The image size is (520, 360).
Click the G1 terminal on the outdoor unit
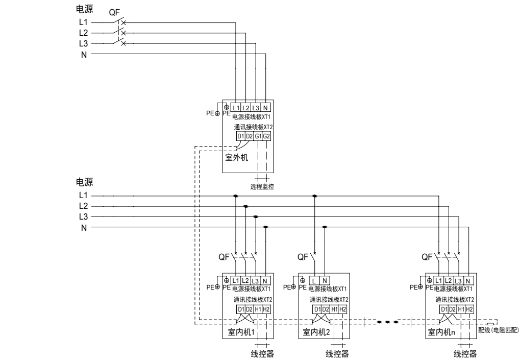pos(258,136)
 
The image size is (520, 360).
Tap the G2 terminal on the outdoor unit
pos(266,136)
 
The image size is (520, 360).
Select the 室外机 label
pos(237,157)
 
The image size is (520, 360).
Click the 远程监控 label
pos(262,187)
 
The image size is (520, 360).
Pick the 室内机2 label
pos(316,332)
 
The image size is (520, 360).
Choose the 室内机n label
pos(442,332)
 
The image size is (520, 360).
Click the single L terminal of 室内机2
pos(314,280)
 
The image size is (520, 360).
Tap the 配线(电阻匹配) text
pos(498,331)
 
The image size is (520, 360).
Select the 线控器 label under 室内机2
pos(337,354)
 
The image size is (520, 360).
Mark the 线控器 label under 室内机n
pos(465,354)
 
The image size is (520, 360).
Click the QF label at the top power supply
pos(114,13)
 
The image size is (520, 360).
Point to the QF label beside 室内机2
pos(303,257)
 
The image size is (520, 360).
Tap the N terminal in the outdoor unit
pos(266,108)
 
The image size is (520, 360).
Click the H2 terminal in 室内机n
pos(470,309)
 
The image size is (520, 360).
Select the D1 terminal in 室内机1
pos(240,309)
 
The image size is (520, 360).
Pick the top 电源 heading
pos(84,9)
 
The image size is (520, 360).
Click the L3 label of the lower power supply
pos(84,217)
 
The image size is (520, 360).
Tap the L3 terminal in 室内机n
pos(459,280)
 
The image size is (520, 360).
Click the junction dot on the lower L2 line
pos(246,206)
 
